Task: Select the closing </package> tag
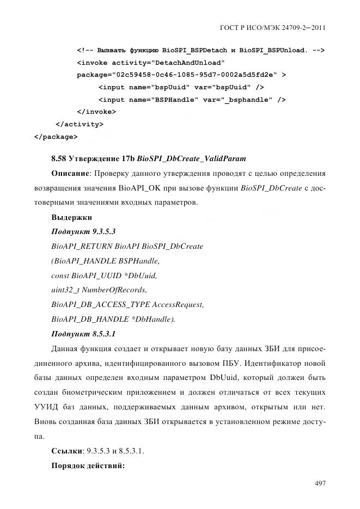[x=56, y=137]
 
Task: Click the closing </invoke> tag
[x=96, y=112]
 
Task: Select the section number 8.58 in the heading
[x=59, y=159]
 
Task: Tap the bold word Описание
[x=70, y=174]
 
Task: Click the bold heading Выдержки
[x=72, y=217]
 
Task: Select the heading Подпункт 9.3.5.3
[x=83, y=231]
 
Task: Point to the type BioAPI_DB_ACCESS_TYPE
[x=100, y=304]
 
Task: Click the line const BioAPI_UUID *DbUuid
[x=107, y=275]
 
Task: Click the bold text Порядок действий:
[x=88, y=466]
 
